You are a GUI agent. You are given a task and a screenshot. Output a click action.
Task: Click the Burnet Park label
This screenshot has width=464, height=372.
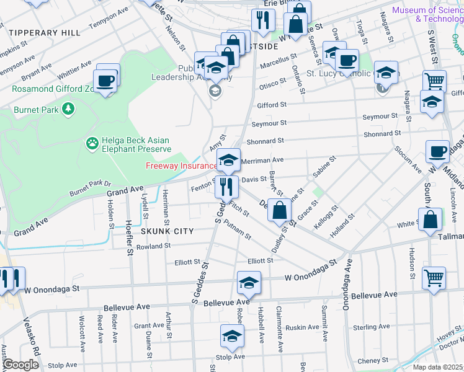coord(36,110)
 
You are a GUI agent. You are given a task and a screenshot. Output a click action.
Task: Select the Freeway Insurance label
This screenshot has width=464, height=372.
coord(181,166)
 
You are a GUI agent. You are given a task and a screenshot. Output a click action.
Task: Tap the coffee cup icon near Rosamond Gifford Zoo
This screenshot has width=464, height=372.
coord(104,81)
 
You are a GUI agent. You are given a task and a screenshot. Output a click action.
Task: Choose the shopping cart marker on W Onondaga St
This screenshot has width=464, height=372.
coord(434,277)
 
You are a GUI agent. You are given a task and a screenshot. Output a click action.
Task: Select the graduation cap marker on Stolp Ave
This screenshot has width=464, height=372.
coord(232,337)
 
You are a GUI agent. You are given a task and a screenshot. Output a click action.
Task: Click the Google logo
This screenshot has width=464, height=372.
coord(20,365)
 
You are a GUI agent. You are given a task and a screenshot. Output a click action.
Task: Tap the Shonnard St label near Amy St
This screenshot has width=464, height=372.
coord(265,142)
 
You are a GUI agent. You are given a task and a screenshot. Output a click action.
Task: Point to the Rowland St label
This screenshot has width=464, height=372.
coord(154,247)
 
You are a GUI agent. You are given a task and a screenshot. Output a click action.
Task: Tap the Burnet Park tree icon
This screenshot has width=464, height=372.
coord(68,110)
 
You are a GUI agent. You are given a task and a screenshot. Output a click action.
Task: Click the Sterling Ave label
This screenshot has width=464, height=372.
coord(370,327)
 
